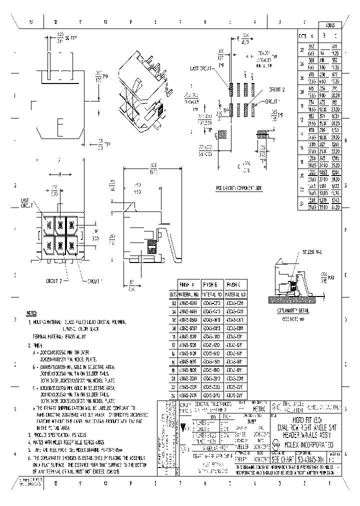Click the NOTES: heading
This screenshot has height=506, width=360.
click(32, 311)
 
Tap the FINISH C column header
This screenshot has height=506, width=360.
click(235, 283)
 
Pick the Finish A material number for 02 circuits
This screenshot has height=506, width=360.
click(188, 303)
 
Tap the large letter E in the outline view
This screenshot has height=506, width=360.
click(60, 125)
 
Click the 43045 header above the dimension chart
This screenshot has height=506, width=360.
click(330, 25)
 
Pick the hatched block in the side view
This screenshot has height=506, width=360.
click(151, 243)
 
